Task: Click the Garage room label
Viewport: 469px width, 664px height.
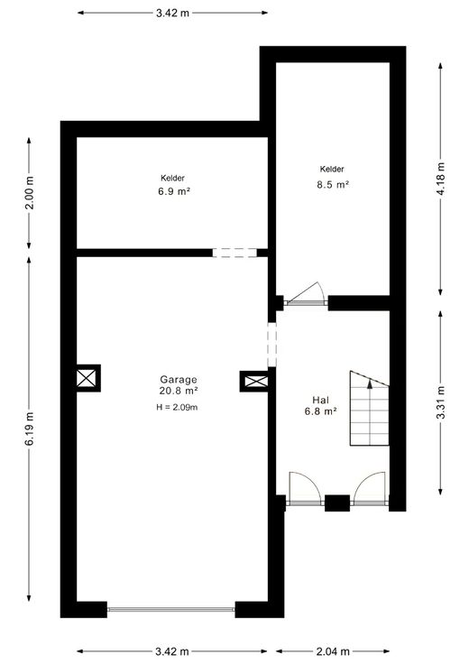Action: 179,380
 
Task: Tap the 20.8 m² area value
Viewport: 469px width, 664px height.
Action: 179,391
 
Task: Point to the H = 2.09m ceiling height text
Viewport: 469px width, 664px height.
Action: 177,408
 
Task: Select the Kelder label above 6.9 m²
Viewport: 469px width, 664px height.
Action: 172,179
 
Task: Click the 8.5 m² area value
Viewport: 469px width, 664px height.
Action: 333,185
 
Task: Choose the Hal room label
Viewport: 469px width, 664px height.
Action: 320,400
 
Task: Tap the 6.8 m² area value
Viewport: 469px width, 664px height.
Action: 321,410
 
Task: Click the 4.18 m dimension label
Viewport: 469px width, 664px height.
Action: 441,179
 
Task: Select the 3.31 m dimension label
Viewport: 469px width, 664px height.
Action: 441,402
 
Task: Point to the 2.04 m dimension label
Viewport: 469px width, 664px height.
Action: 333,651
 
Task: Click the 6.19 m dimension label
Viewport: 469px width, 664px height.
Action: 30,429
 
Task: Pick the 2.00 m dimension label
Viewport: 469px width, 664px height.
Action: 30,193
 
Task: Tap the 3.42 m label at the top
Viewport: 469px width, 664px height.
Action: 172,13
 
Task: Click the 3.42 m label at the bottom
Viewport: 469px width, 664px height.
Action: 172,651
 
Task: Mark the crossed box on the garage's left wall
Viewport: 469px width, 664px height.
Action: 87,378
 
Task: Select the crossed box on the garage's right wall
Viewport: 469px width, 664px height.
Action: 255,381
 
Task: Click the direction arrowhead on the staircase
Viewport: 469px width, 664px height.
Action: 370,384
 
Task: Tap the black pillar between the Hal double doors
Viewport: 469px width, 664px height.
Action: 337,503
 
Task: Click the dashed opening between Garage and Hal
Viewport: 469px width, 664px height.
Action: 271,345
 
